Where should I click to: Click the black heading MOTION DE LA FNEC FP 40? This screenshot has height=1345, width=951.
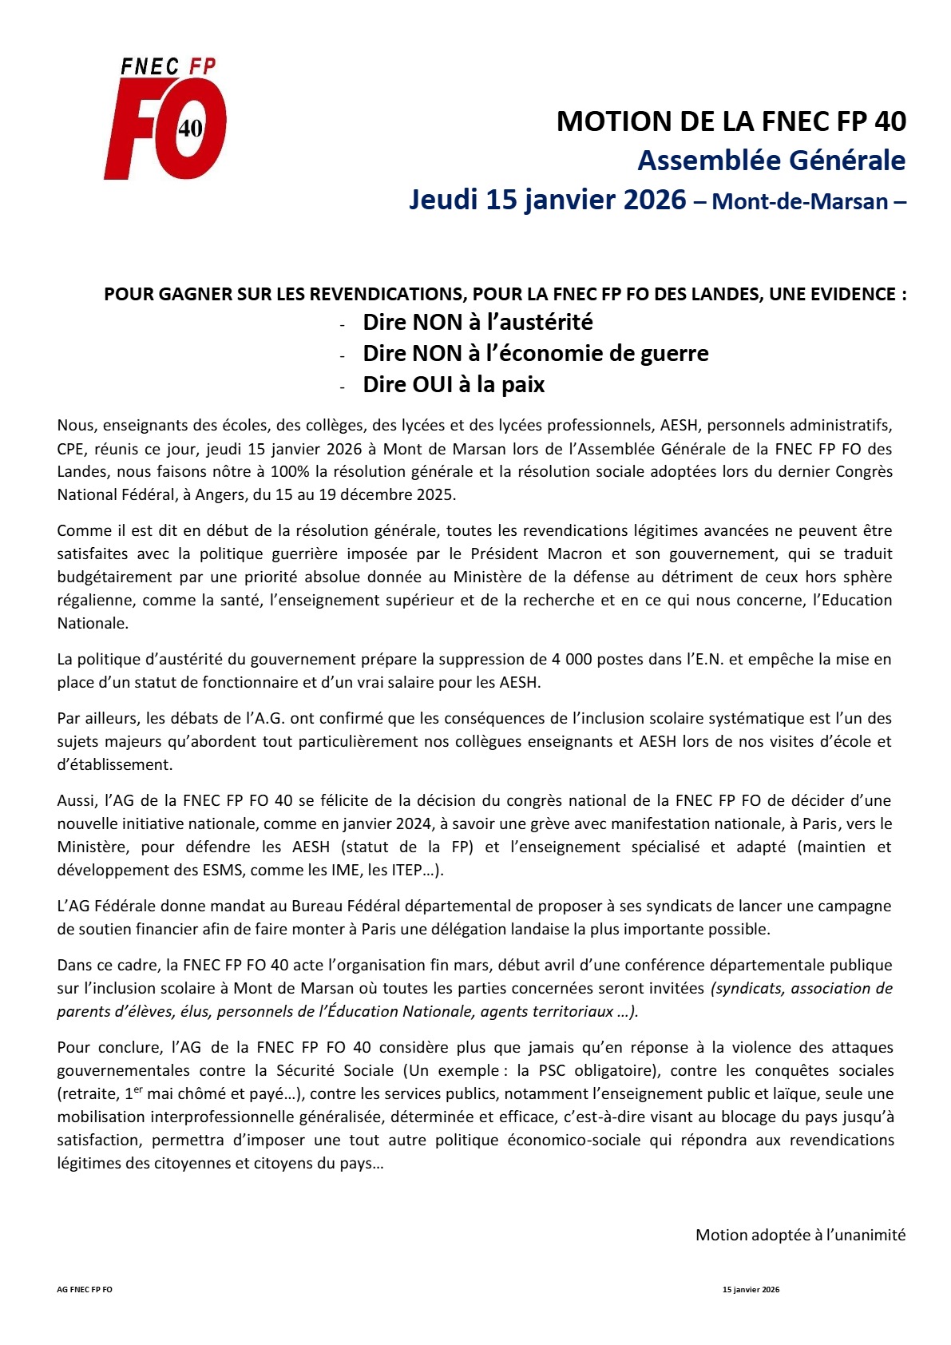[731, 121]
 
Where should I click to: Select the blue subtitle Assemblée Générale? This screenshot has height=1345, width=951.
[771, 161]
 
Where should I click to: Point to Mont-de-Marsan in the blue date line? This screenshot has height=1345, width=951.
[800, 200]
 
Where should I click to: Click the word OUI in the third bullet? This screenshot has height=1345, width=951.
[434, 384]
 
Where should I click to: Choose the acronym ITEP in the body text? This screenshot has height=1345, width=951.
[406, 870]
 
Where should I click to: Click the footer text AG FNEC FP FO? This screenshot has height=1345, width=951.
[85, 1289]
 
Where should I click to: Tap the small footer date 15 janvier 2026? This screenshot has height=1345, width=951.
[751, 1289]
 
